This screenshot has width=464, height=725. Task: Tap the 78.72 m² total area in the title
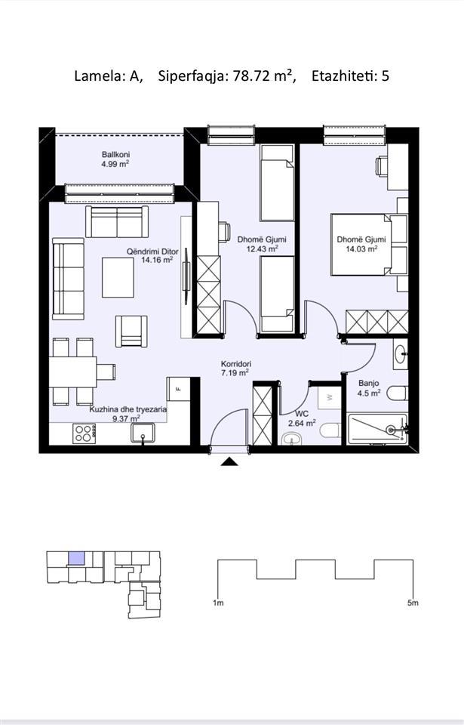[263, 76]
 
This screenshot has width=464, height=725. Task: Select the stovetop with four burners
[84, 433]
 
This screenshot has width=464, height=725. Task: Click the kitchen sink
[143, 433]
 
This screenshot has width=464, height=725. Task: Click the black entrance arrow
[229, 461]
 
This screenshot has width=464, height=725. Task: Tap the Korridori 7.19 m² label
[235, 369]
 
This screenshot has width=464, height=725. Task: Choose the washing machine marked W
[329, 396]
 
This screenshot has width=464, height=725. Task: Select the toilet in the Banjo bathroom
[398, 393]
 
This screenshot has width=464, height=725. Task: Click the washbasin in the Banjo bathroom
[400, 353]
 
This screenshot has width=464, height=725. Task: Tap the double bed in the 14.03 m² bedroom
[369, 244]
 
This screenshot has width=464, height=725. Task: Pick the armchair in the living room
[131, 331]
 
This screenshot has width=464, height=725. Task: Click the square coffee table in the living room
[118, 277]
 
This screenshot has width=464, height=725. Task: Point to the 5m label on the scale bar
[413, 603]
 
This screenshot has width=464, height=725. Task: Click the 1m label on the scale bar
[218, 603]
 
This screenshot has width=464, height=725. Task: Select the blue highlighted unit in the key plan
[76, 558]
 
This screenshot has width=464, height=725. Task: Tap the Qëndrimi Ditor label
[152, 251]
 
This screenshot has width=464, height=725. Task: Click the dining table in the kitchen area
[73, 372]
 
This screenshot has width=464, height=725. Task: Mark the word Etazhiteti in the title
[344, 76]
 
